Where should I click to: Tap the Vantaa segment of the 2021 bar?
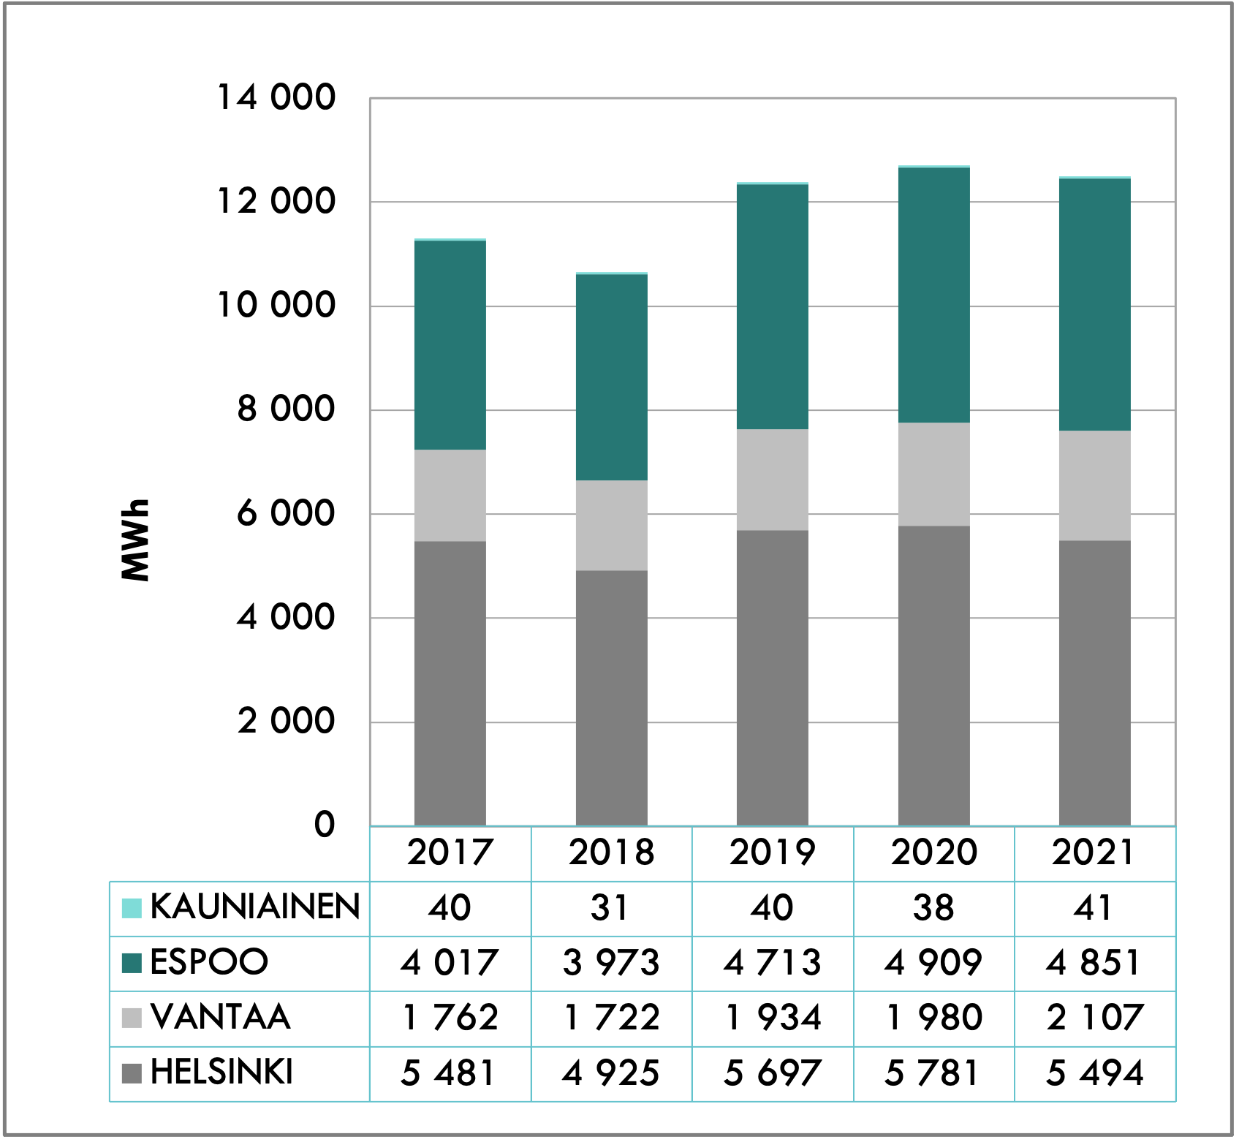(1095, 485)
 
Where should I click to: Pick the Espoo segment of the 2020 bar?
(934, 295)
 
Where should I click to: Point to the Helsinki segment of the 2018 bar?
(612, 697)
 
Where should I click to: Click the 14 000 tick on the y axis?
(276, 97)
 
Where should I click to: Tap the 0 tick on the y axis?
(325, 824)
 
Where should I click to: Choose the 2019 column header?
(773, 852)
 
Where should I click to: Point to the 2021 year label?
(1094, 852)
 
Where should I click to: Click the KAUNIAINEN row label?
(255, 907)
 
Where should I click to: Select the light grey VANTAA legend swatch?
(132, 1018)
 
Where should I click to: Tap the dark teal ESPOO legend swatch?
(132, 962)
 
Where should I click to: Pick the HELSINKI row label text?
(221, 1073)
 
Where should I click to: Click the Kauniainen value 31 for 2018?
(611, 908)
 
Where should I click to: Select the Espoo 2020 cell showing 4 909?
(933, 963)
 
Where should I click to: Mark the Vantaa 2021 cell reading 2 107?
(1095, 1018)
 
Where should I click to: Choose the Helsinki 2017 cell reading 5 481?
(450, 1073)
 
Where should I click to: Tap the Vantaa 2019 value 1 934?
(773, 1018)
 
